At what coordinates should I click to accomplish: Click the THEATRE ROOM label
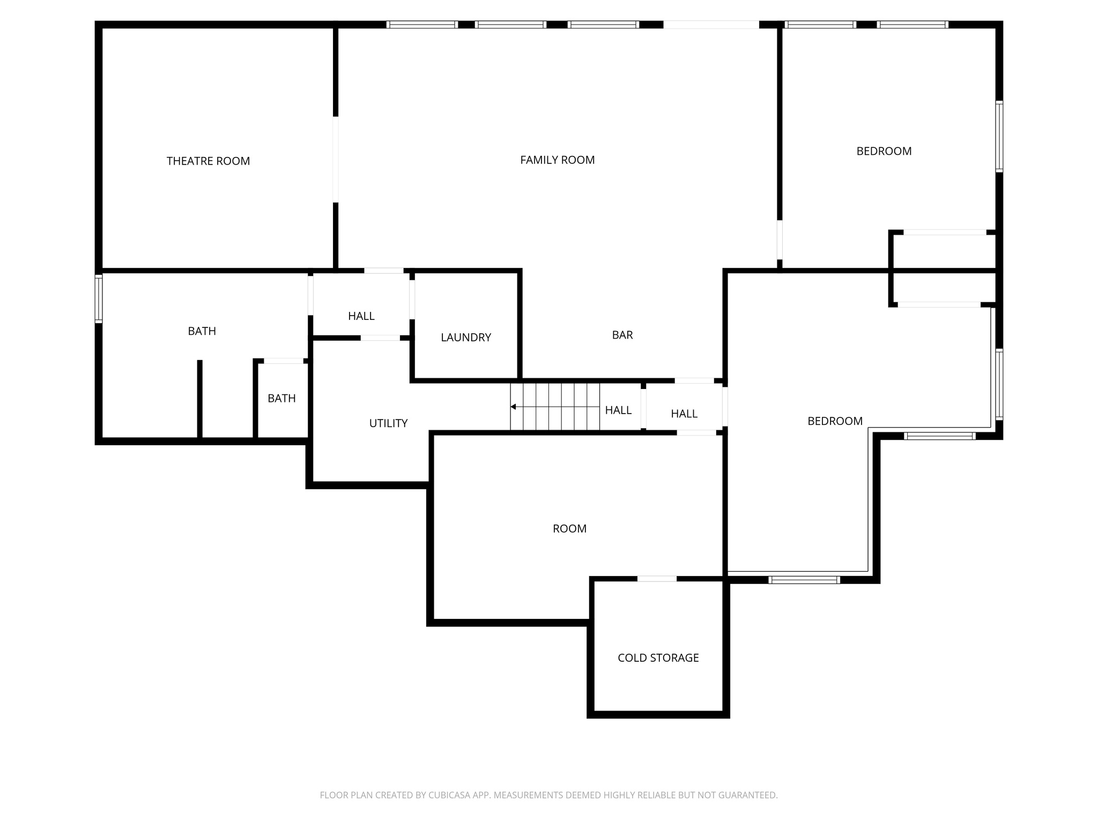[x=208, y=161]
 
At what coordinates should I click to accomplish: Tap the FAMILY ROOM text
[x=557, y=160]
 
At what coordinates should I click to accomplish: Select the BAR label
[x=622, y=335]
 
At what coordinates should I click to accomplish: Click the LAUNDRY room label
[x=465, y=337]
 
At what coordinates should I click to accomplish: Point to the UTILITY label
[x=388, y=423]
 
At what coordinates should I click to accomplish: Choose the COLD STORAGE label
[x=658, y=657]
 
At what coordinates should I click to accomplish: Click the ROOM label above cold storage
[x=569, y=528]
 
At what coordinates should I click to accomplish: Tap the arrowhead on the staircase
[x=513, y=407]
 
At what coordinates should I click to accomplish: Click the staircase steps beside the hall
[x=555, y=407]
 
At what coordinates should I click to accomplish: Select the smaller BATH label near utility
[x=281, y=398]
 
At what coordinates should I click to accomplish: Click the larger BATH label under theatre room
[x=202, y=331]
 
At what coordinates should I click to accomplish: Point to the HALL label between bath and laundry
[x=361, y=316]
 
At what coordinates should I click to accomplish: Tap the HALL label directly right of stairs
[x=618, y=410]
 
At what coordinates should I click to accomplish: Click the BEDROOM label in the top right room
[x=884, y=151]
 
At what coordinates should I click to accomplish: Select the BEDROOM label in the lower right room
[x=835, y=421]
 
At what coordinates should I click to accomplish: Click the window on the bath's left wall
[x=99, y=298]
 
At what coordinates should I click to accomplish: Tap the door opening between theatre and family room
[x=336, y=159]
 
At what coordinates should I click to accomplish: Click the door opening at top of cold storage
[x=657, y=579]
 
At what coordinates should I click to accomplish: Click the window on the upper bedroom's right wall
[x=999, y=136]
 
